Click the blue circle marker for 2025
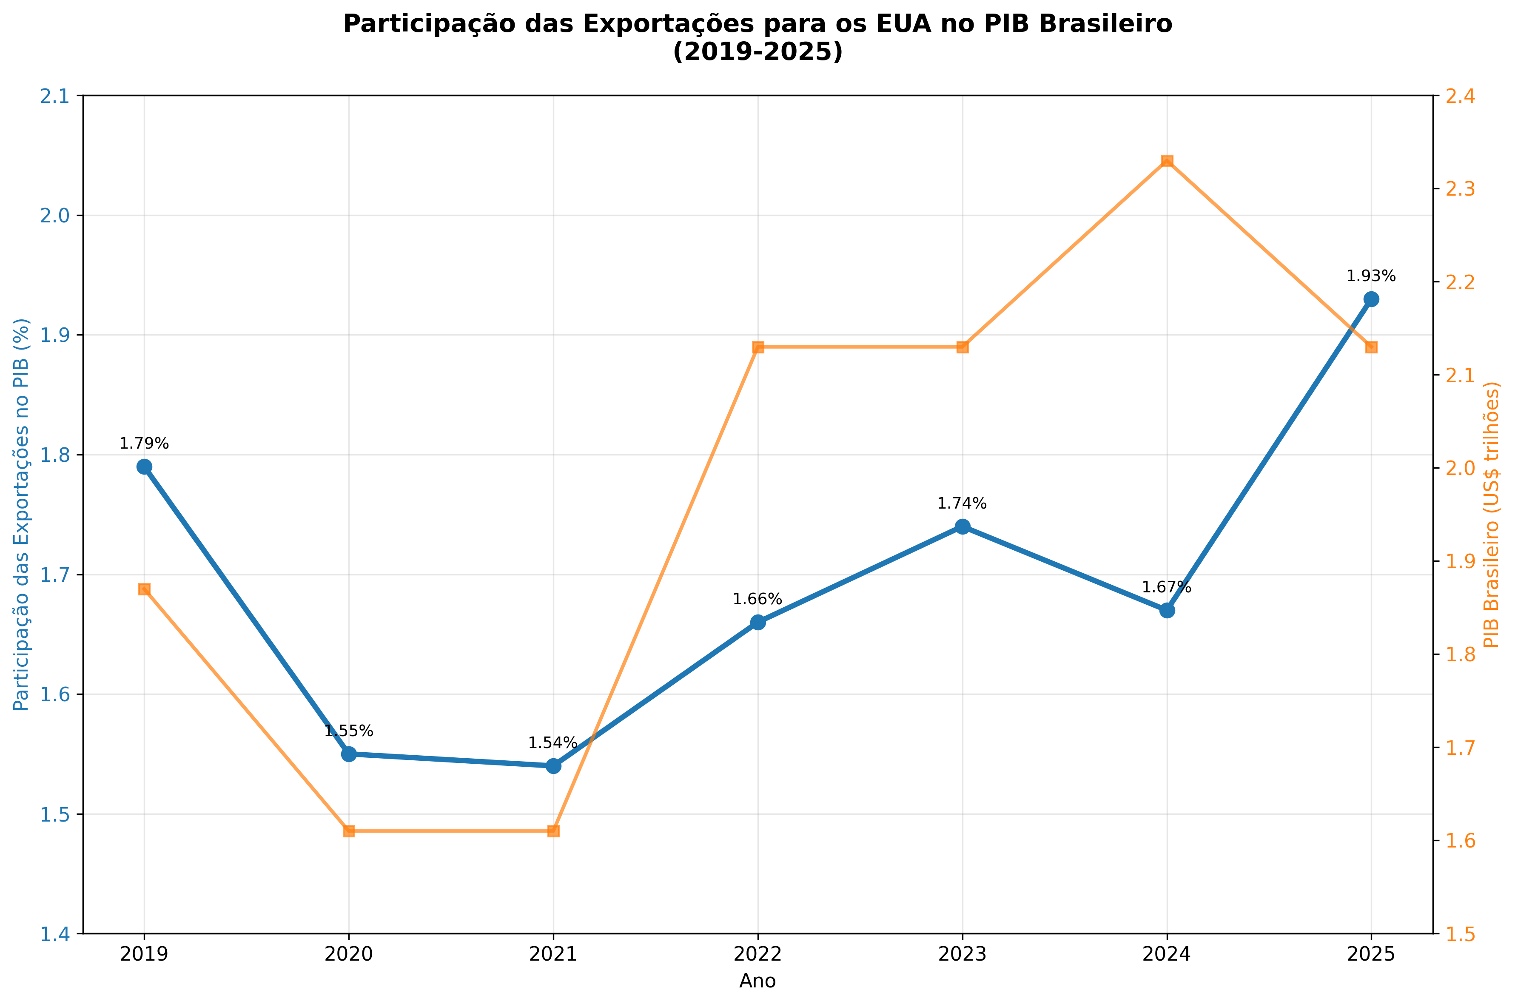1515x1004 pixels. (1371, 299)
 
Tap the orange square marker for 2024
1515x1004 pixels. (1167, 161)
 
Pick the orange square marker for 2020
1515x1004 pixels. (348, 831)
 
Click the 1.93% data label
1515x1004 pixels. (1371, 276)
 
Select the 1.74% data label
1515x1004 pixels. (962, 504)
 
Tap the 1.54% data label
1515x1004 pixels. (552, 743)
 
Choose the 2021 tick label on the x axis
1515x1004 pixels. (552, 955)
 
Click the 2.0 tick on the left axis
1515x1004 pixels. (56, 216)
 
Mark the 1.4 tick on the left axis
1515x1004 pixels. (56, 934)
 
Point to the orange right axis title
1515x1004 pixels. (1491, 515)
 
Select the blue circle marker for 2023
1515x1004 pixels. (962, 526)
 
